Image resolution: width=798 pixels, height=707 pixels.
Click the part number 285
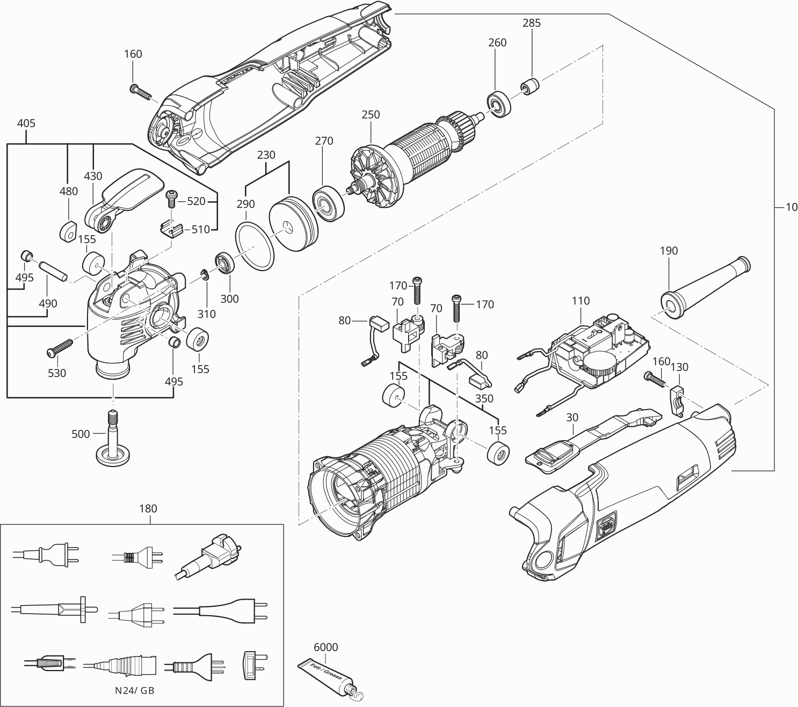click(531, 23)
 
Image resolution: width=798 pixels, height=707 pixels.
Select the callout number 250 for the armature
click(371, 114)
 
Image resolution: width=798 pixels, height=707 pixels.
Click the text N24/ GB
click(134, 690)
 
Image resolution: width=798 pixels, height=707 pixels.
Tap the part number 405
click(26, 123)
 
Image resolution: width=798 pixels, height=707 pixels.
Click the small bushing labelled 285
click(529, 86)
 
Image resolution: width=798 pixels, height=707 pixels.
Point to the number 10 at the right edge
click(791, 207)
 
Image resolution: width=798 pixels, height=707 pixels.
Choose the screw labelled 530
click(60, 347)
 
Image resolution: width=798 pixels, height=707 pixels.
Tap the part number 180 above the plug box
click(148, 508)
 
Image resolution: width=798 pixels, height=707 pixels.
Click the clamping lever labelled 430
click(121, 199)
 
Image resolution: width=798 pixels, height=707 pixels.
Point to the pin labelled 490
click(52, 271)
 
